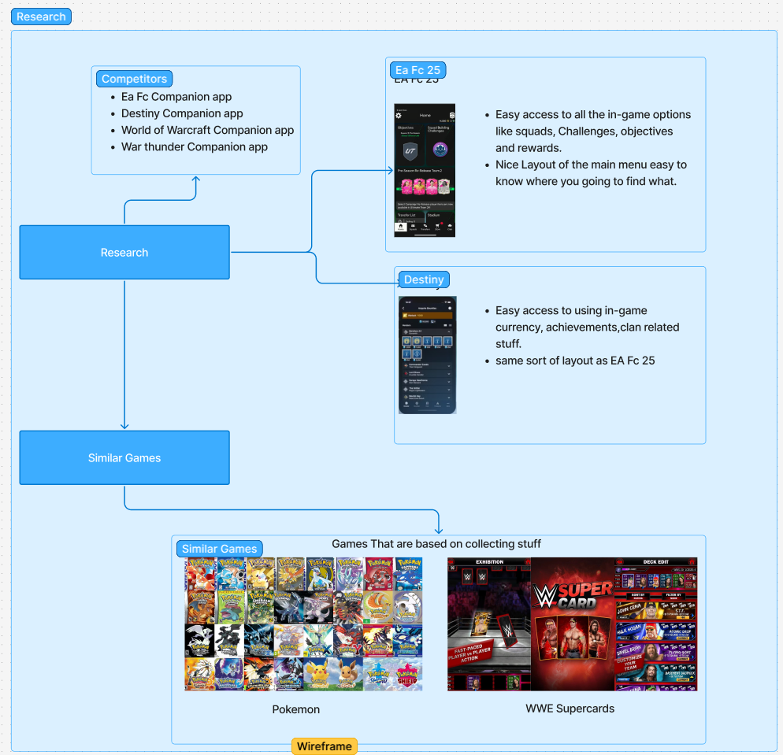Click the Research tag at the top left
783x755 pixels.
[x=42, y=17]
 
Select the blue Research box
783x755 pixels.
[x=124, y=253]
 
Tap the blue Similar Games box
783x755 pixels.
[x=124, y=457]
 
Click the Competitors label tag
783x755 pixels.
[x=134, y=79]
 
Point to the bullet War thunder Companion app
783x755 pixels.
[x=194, y=147]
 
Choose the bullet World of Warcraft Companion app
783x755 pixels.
[x=207, y=131]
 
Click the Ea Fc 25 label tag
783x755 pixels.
[x=417, y=70]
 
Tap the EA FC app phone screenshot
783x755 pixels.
[x=425, y=170]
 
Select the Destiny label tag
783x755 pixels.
[x=423, y=279]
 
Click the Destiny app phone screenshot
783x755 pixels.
[x=427, y=355]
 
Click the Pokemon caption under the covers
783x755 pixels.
[x=295, y=709]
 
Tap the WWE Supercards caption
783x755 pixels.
[x=570, y=709]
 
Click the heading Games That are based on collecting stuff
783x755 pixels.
[x=436, y=544]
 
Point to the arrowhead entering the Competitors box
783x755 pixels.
[x=196, y=180]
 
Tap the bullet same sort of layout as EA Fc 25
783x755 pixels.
[x=575, y=361]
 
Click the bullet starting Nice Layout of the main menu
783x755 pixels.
[x=591, y=173]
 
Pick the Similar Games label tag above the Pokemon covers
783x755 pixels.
[x=219, y=549]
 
